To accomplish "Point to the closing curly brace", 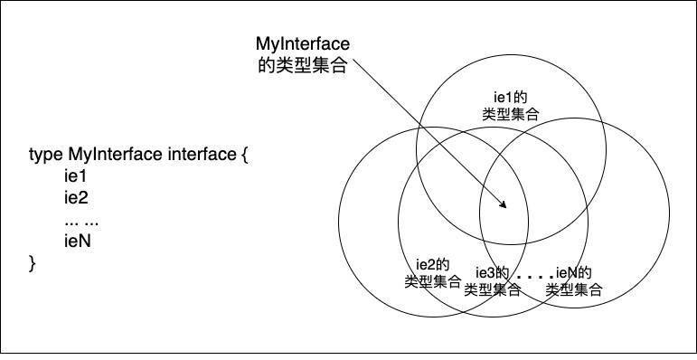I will tap(33, 263).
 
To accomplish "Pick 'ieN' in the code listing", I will tap(77, 242).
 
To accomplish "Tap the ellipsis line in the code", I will tap(81, 220).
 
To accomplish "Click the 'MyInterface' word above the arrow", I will tap(304, 44).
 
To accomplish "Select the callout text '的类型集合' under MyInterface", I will tap(304, 66).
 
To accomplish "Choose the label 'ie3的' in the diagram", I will tap(493, 273).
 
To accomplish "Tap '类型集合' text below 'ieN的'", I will tap(575, 289).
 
